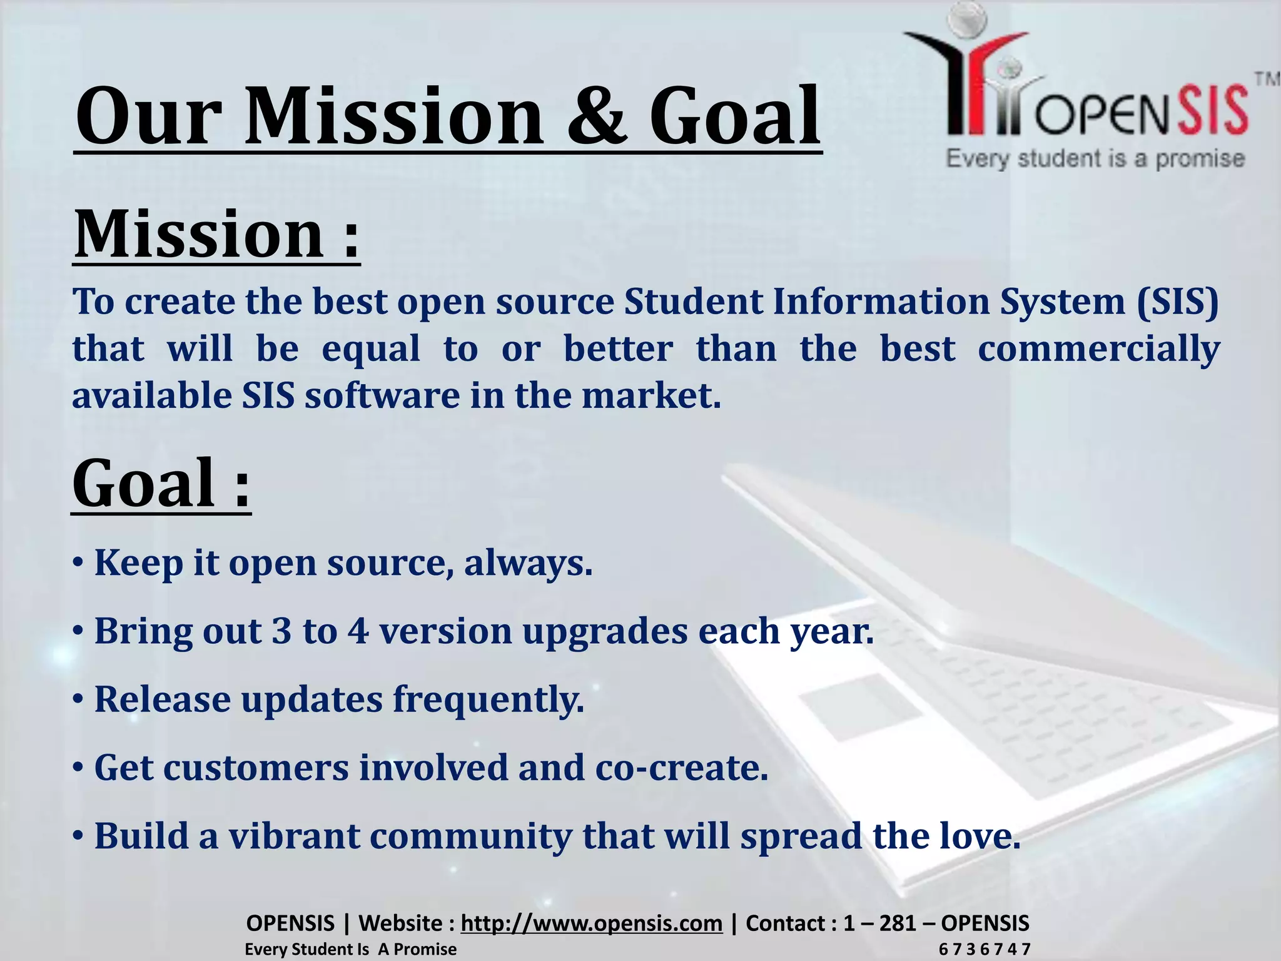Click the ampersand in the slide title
pos(595,117)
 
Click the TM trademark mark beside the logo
pos(1267,79)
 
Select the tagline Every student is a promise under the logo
pos(1095,159)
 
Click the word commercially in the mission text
pos(1098,348)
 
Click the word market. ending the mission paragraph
pos(651,395)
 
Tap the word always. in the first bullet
pos(528,562)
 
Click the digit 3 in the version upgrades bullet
pos(281,631)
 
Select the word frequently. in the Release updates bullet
pos(488,699)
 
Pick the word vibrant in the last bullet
pos(294,836)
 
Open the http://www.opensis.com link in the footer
pos(591,923)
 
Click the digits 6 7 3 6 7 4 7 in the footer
pos(984,949)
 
